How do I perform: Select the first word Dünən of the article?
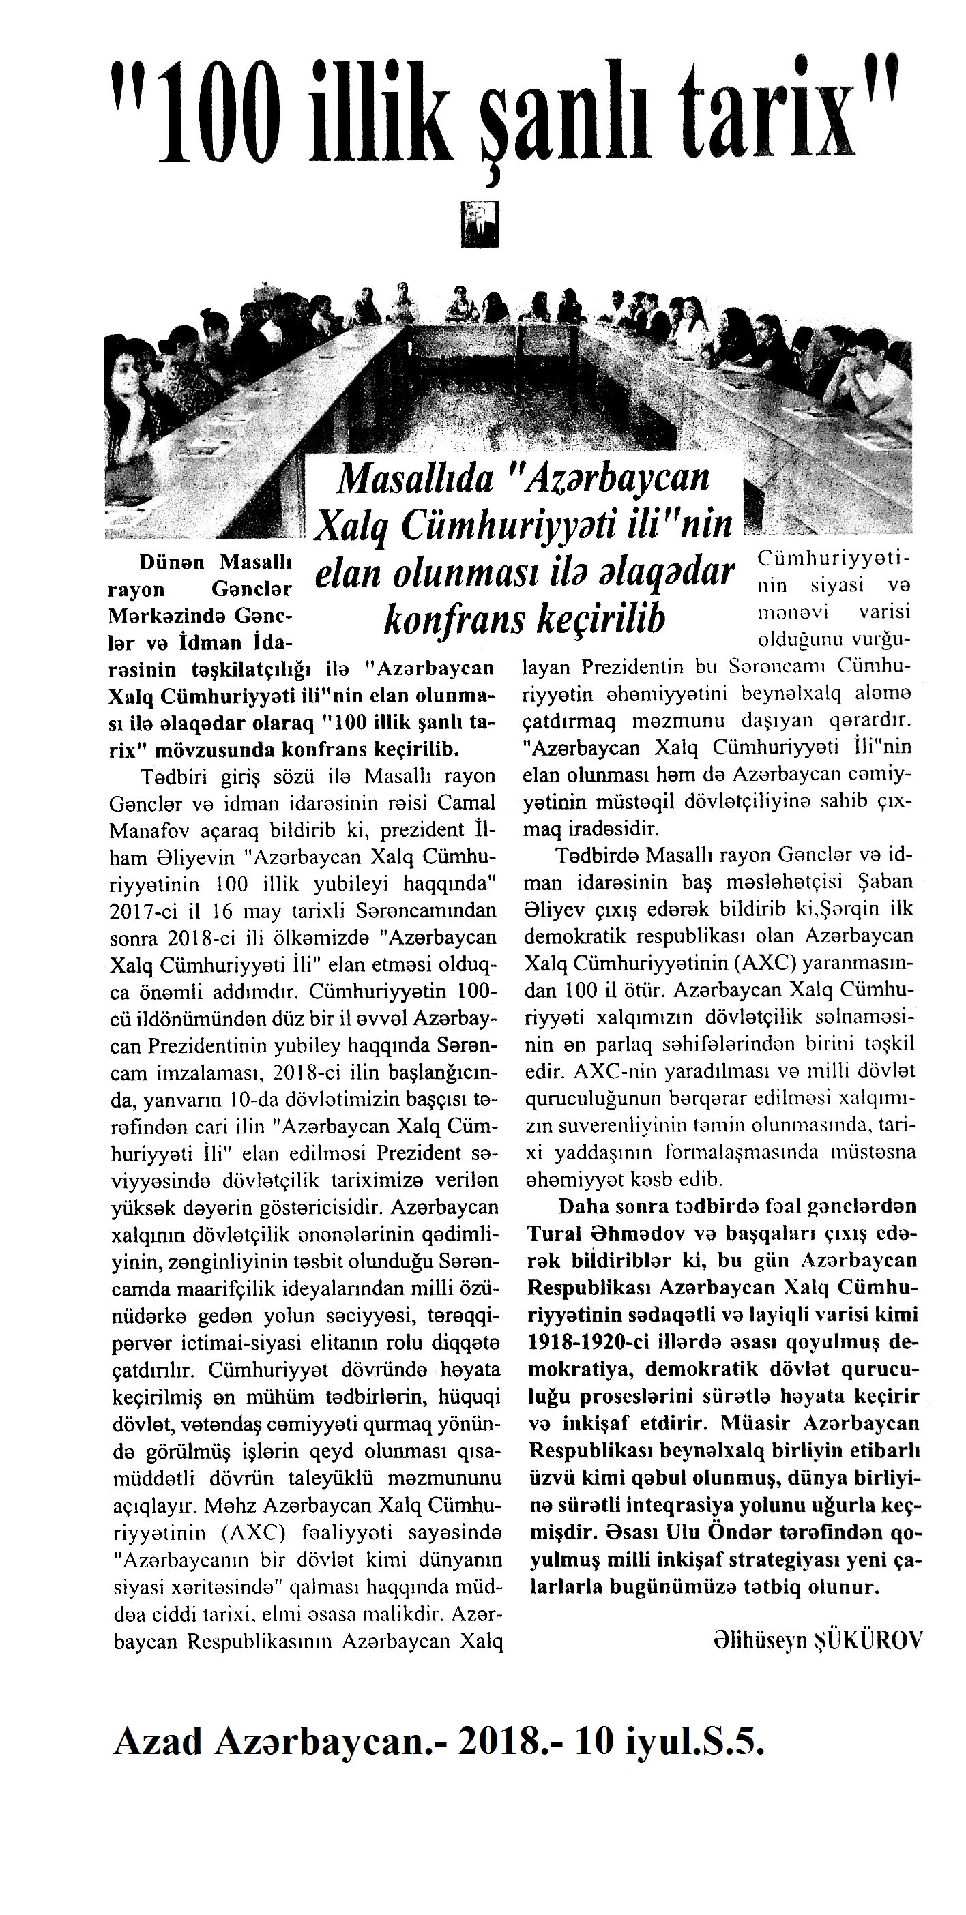click(x=173, y=562)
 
